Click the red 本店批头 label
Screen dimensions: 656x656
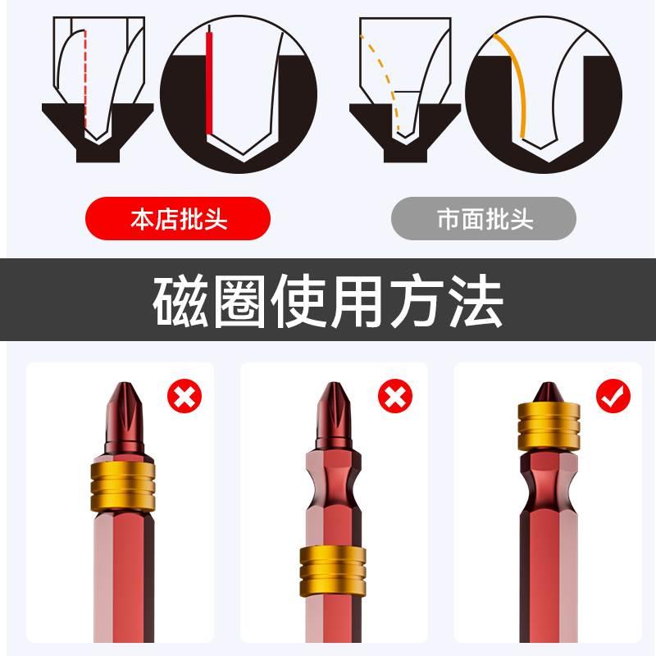(178, 219)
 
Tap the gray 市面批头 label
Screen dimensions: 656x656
(484, 219)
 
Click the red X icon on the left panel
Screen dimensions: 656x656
(184, 397)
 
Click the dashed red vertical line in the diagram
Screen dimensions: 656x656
(84, 82)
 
